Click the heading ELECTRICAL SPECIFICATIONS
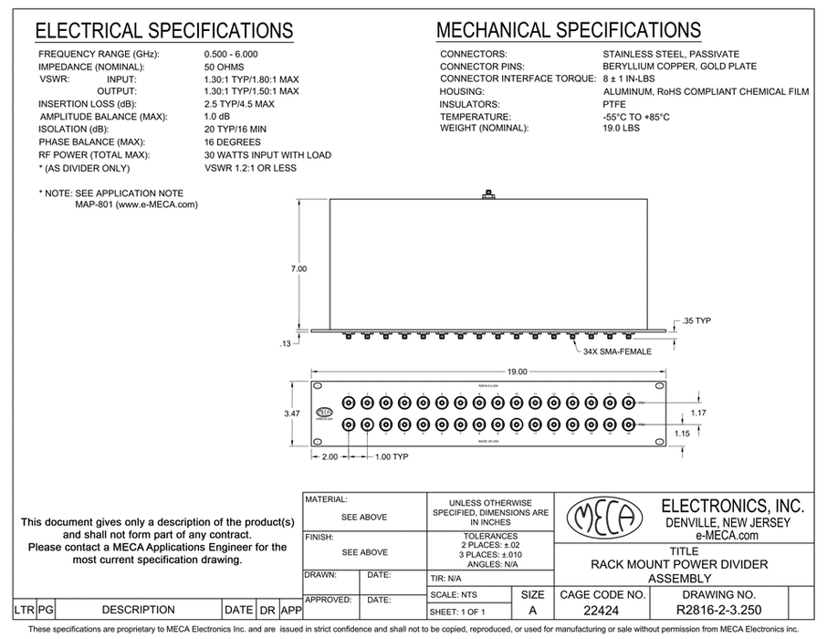[x=164, y=32]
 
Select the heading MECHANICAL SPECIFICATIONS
[x=569, y=32]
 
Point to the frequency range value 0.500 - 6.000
[x=236, y=55]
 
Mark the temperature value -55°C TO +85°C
[x=636, y=118]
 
